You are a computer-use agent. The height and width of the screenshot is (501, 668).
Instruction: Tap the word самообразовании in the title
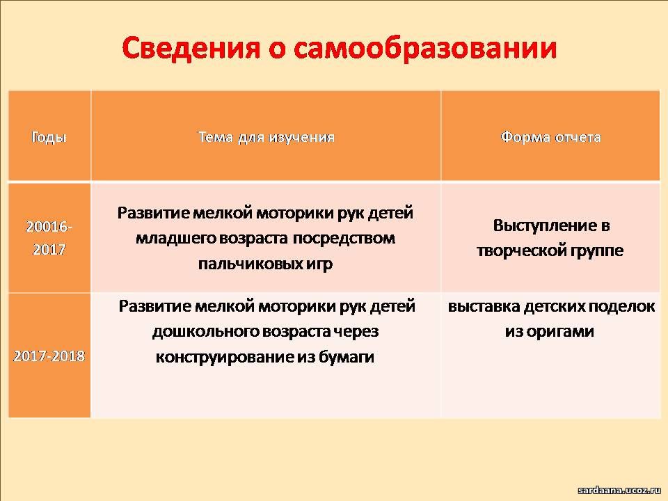pos(425,48)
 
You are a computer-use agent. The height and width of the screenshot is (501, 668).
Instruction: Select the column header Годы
pos(49,137)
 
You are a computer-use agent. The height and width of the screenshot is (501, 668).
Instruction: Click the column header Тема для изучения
pos(267,137)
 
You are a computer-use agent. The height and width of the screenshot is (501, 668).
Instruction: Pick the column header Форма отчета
pos(550,137)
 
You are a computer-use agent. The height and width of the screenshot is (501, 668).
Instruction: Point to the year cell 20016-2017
pos(49,238)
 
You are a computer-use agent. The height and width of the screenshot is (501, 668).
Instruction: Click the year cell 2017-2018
pos(49,356)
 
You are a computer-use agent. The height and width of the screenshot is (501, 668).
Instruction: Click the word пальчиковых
pos(251,264)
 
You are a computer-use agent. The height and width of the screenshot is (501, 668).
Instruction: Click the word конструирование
pos(225,357)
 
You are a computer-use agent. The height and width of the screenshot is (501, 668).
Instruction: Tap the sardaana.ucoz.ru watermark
pos(619,491)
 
